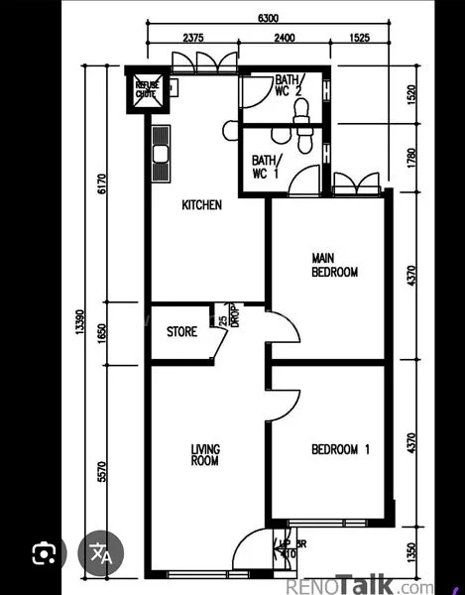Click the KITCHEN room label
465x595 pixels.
point(201,205)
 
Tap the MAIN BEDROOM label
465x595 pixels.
point(334,264)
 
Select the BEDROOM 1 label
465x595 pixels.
point(340,449)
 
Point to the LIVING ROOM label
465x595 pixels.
point(205,455)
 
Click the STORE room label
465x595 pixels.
point(181,332)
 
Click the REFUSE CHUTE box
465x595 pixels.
point(148,91)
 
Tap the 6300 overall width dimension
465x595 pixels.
point(268,18)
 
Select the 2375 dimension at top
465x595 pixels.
point(194,39)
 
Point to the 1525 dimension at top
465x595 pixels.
point(360,39)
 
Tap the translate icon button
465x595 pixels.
point(101,553)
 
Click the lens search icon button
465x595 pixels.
point(42,553)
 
